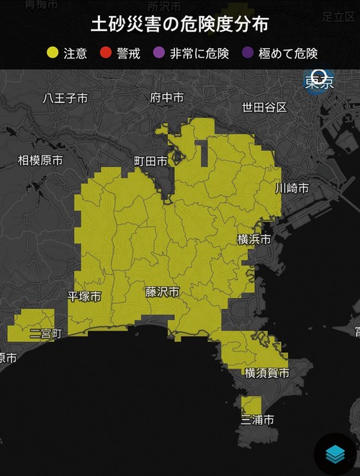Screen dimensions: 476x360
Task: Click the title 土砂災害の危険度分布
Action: coord(179,24)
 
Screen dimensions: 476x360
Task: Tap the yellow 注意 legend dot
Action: coord(53,53)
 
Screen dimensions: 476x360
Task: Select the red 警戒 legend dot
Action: coord(107,53)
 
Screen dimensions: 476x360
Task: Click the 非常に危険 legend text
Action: coord(199,53)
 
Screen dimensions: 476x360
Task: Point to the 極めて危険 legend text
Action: coord(290,53)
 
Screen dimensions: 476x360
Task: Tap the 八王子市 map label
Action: coord(65,99)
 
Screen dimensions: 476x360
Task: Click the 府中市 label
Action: coord(166,97)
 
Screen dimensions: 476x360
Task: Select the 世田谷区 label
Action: coord(264,107)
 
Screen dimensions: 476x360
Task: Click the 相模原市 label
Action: coord(40,160)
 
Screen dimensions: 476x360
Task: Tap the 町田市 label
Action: coord(150,161)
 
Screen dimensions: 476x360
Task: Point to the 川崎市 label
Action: coord(292,188)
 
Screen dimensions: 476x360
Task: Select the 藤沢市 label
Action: coord(162,292)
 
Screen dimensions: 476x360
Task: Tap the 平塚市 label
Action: coord(84,296)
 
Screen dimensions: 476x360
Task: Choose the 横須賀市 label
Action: coord(266,372)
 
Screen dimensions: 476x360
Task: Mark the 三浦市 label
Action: coord(257,419)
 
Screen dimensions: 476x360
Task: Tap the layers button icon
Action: coord(336,454)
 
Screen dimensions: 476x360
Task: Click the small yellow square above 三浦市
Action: coord(251,405)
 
